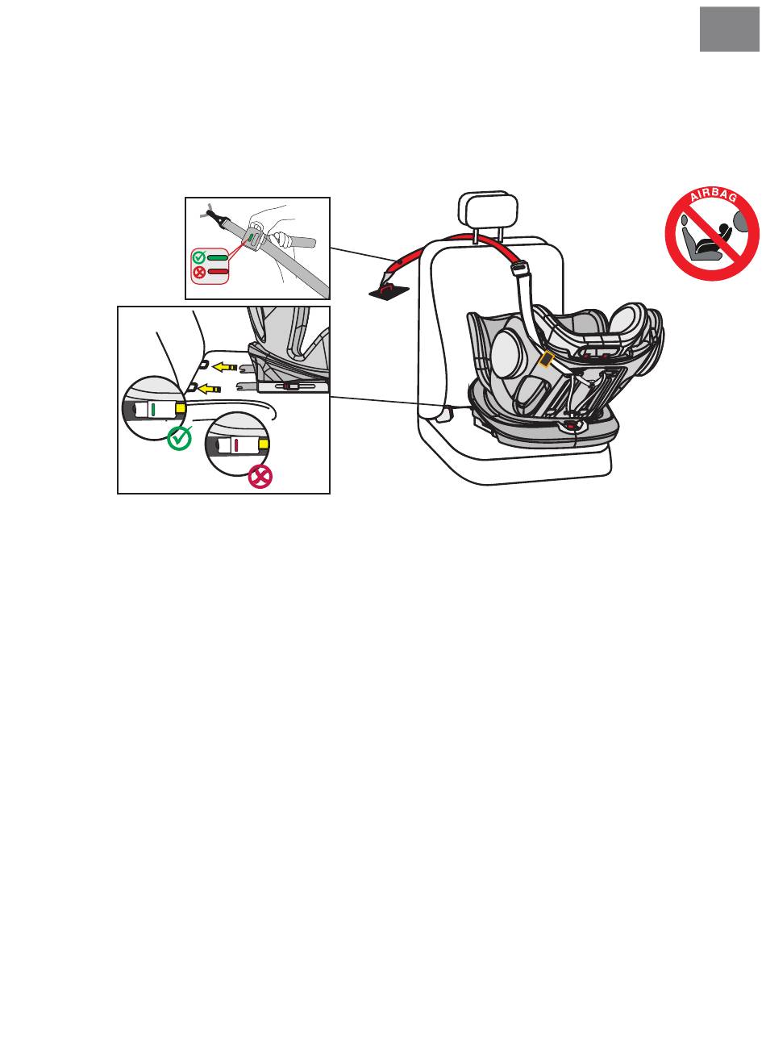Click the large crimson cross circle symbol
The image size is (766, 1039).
pos(260,477)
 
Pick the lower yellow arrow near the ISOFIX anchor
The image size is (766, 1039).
pos(212,388)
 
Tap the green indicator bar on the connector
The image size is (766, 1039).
pos(152,410)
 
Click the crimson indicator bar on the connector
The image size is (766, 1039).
pos(237,444)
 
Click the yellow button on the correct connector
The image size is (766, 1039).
pos(180,410)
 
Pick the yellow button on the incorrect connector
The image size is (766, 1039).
pos(264,444)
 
